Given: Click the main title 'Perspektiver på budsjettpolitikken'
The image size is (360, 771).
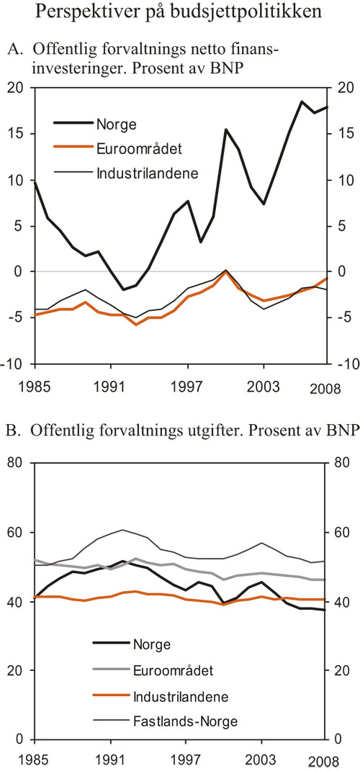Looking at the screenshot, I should coord(179,12).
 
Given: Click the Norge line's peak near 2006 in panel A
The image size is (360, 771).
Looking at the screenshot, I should coord(302,102).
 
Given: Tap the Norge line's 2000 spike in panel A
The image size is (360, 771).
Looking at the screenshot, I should coord(226,130).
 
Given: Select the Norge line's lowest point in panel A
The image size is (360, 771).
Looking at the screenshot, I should coord(124,289).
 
